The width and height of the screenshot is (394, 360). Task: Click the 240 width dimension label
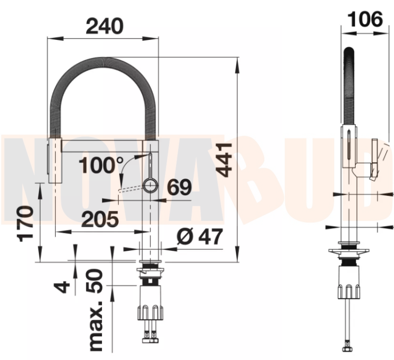105,26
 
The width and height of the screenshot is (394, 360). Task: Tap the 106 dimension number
365,19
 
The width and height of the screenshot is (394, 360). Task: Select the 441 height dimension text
224,160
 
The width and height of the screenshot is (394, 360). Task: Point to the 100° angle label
101,165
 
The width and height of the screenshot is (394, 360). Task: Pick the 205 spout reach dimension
100,219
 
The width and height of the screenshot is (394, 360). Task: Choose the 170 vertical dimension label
25,224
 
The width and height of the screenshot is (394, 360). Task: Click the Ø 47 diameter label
200,237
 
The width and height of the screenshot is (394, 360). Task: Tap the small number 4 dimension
62,287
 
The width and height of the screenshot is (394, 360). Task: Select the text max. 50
95,311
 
